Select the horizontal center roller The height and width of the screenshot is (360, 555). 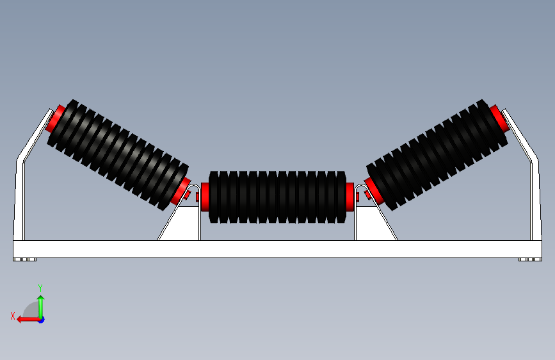point(277,197)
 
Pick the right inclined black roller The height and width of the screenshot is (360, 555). point(437,154)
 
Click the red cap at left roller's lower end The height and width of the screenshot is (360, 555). point(180,192)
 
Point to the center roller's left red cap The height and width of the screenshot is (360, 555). point(205,197)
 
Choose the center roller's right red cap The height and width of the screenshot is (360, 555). point(350,197)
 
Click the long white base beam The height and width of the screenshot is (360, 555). point(277,249)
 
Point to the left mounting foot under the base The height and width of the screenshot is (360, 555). point(25,260)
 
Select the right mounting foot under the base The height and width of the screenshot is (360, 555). point(529,260)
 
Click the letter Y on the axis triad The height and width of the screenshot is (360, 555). point(40,288)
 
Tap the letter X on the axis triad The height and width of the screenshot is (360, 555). point(13,315)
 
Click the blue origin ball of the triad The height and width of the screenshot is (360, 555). point(41,319)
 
